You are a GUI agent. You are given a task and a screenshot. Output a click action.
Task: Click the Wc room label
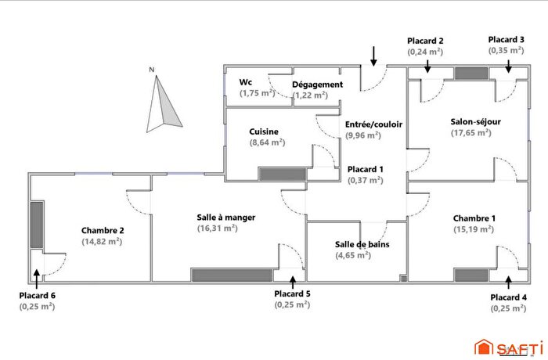pyautogui.click(x=246, y=82)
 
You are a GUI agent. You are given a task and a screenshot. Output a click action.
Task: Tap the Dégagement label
pyautogui.click(x=317, y=85)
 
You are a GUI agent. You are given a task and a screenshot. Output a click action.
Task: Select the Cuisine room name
pyautogui.click(x=264, y=131)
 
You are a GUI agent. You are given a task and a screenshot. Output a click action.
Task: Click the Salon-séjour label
pyautogui.click(x=475, y=121)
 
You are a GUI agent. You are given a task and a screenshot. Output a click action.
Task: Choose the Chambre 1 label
pyautogui.click(x=474, y=218)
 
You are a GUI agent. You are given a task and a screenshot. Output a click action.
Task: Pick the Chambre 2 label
pyautogui.click(x=103, y=230)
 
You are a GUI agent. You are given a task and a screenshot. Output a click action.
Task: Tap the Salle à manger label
pyautogui.click(x=226, y=217)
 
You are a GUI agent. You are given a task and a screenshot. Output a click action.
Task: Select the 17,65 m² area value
pyautogui.click(x=470, y=133)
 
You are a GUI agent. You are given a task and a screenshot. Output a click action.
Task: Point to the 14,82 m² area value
pyautogui.click(x=102, y=242)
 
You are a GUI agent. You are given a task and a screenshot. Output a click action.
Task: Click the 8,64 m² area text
pyautogui.click(x=267, y=143)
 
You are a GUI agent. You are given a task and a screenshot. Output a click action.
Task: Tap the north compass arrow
pyautogui.click(x=164, y=103)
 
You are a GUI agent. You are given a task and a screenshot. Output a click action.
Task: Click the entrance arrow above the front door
pyautogui.click(x=373, y=55)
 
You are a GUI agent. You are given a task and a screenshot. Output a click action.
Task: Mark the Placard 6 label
pyautogui.click(x=37, y=295)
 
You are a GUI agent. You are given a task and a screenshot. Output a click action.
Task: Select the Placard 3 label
pyautogui.click(x=507, y=39)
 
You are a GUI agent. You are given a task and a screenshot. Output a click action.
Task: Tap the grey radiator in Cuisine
pyautogui.click(x=283, y=174)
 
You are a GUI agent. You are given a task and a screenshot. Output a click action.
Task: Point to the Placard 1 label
pyautogui.click(x=366, y=169)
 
